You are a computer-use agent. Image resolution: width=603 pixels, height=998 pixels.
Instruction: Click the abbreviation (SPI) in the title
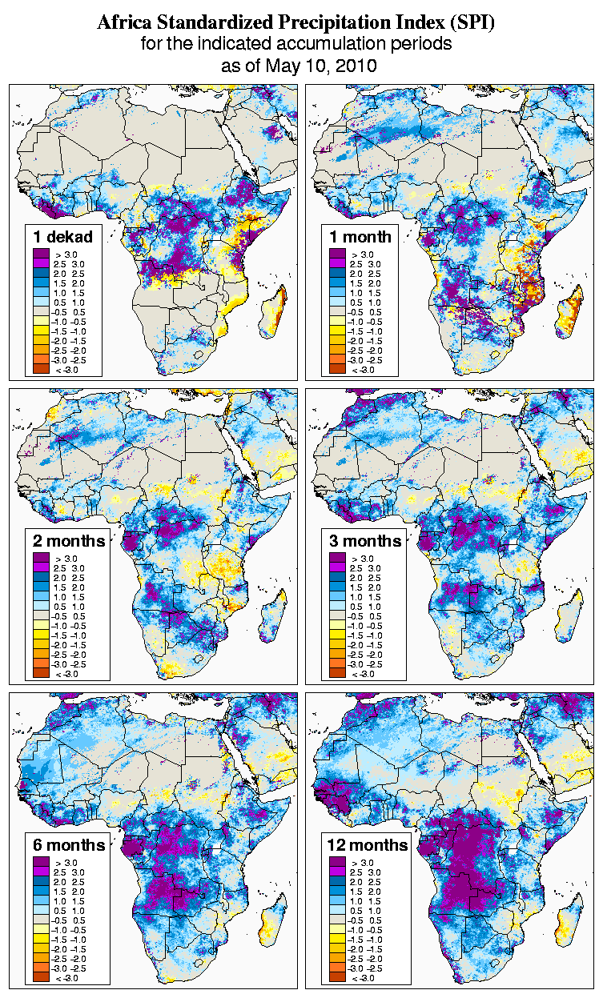click(472, 23)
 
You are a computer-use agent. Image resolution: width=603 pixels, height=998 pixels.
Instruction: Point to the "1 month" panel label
click(360, 236)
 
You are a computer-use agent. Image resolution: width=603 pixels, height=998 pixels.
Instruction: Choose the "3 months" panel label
click(365, 541)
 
